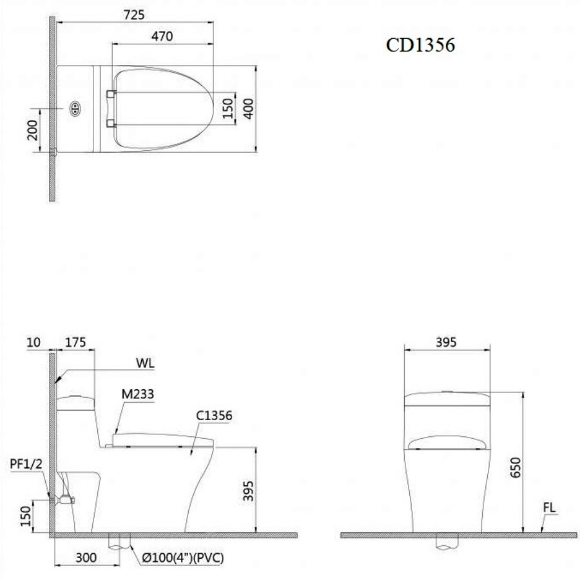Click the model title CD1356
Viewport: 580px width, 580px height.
pyautogui.click(x=420, y=45)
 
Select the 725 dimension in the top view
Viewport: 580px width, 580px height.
pyautogui.click(x=134, y=15)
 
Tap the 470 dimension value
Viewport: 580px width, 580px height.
pyautogui.click(x=162, y=36)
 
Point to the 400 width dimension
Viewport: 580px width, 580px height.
pyautogui.click(x=249, y=109)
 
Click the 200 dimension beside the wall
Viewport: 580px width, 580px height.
pyautogui.click(x=33, y=130)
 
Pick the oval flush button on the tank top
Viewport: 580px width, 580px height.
pyautogui.click(x=75, y=108)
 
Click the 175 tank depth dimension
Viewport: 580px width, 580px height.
pyautogui.click(x=75, y=342)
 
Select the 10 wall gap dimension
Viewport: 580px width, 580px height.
pyautogui.click(x=34, y=342)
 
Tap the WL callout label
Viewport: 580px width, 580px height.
pyautogui.click(x=145, y=363)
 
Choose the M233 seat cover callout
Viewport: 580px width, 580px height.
pyautogui.click(x=138, y=394)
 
